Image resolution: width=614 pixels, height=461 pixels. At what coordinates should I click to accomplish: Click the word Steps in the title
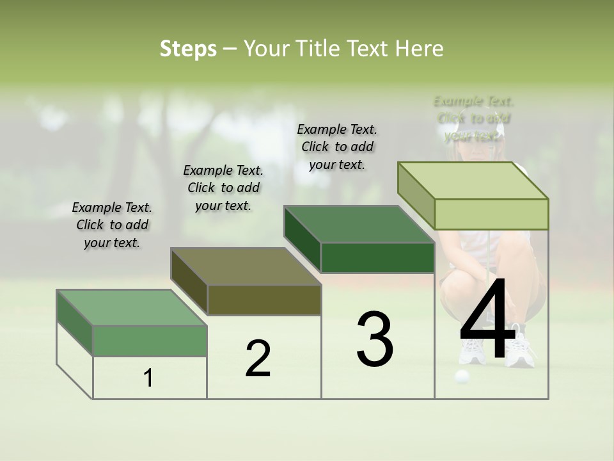[x=188, y=49]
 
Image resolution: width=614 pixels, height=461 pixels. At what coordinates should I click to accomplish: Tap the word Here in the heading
[x=420, y=49]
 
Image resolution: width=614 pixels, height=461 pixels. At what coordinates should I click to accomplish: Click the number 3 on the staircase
[x=375, y=339]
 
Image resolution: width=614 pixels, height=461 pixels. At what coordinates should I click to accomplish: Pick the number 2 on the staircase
[x=258, y=359]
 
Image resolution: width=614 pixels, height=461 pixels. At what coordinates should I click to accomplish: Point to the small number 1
[x=148, y=378]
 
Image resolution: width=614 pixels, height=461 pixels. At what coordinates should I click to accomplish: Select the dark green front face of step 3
[x=377, y=258]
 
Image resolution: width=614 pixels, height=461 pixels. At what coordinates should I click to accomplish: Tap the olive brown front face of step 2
[x=264, y=300]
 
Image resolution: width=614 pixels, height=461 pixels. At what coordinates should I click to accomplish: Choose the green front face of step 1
[x=150, y=341]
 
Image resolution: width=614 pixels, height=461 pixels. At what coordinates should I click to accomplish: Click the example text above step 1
[x=112, y=225]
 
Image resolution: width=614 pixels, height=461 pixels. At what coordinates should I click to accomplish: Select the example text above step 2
[x=223, y=188]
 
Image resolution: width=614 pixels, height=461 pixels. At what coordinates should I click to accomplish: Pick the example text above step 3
[x=337, y=147]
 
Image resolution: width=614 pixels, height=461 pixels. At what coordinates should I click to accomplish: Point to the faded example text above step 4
[x=473, y=118]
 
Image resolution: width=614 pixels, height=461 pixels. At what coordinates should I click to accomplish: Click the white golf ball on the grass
[x=461, y=376]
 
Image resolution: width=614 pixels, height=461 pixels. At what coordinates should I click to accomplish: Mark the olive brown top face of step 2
[x=246, y=266]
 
